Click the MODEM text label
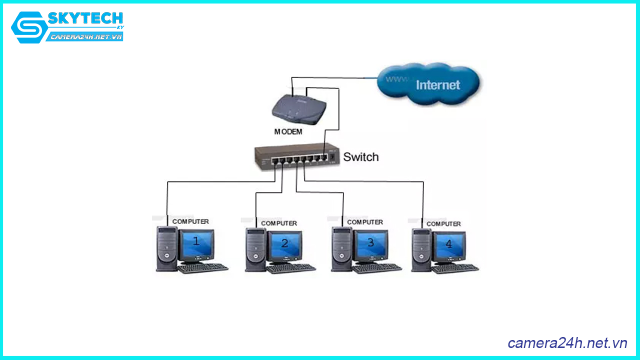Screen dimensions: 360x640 click(x=288, y=132)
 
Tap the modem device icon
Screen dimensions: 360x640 click(x=299, y=109)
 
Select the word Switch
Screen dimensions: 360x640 click(x=360, y=157)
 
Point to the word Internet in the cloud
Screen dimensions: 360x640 click(x=437, y=85)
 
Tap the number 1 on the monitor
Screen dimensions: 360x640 click(x=196, y=241)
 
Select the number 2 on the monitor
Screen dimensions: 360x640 click(x=284, y=243)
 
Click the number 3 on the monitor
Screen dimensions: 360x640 click(x=370, y=242)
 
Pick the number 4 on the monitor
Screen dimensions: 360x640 click(x=448, y=244)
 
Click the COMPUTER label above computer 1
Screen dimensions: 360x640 click(x=190, y=221)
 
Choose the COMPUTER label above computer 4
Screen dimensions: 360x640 click(x=443, y=224)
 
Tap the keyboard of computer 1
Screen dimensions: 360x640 click(x=202, y=268)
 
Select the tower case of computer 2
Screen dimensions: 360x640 click(x=255, y=249)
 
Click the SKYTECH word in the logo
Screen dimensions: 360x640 click(x=85, y=19)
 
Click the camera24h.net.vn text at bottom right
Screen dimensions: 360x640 click(x=567, y=343)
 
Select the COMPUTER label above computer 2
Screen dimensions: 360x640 click(x=279, y=223)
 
